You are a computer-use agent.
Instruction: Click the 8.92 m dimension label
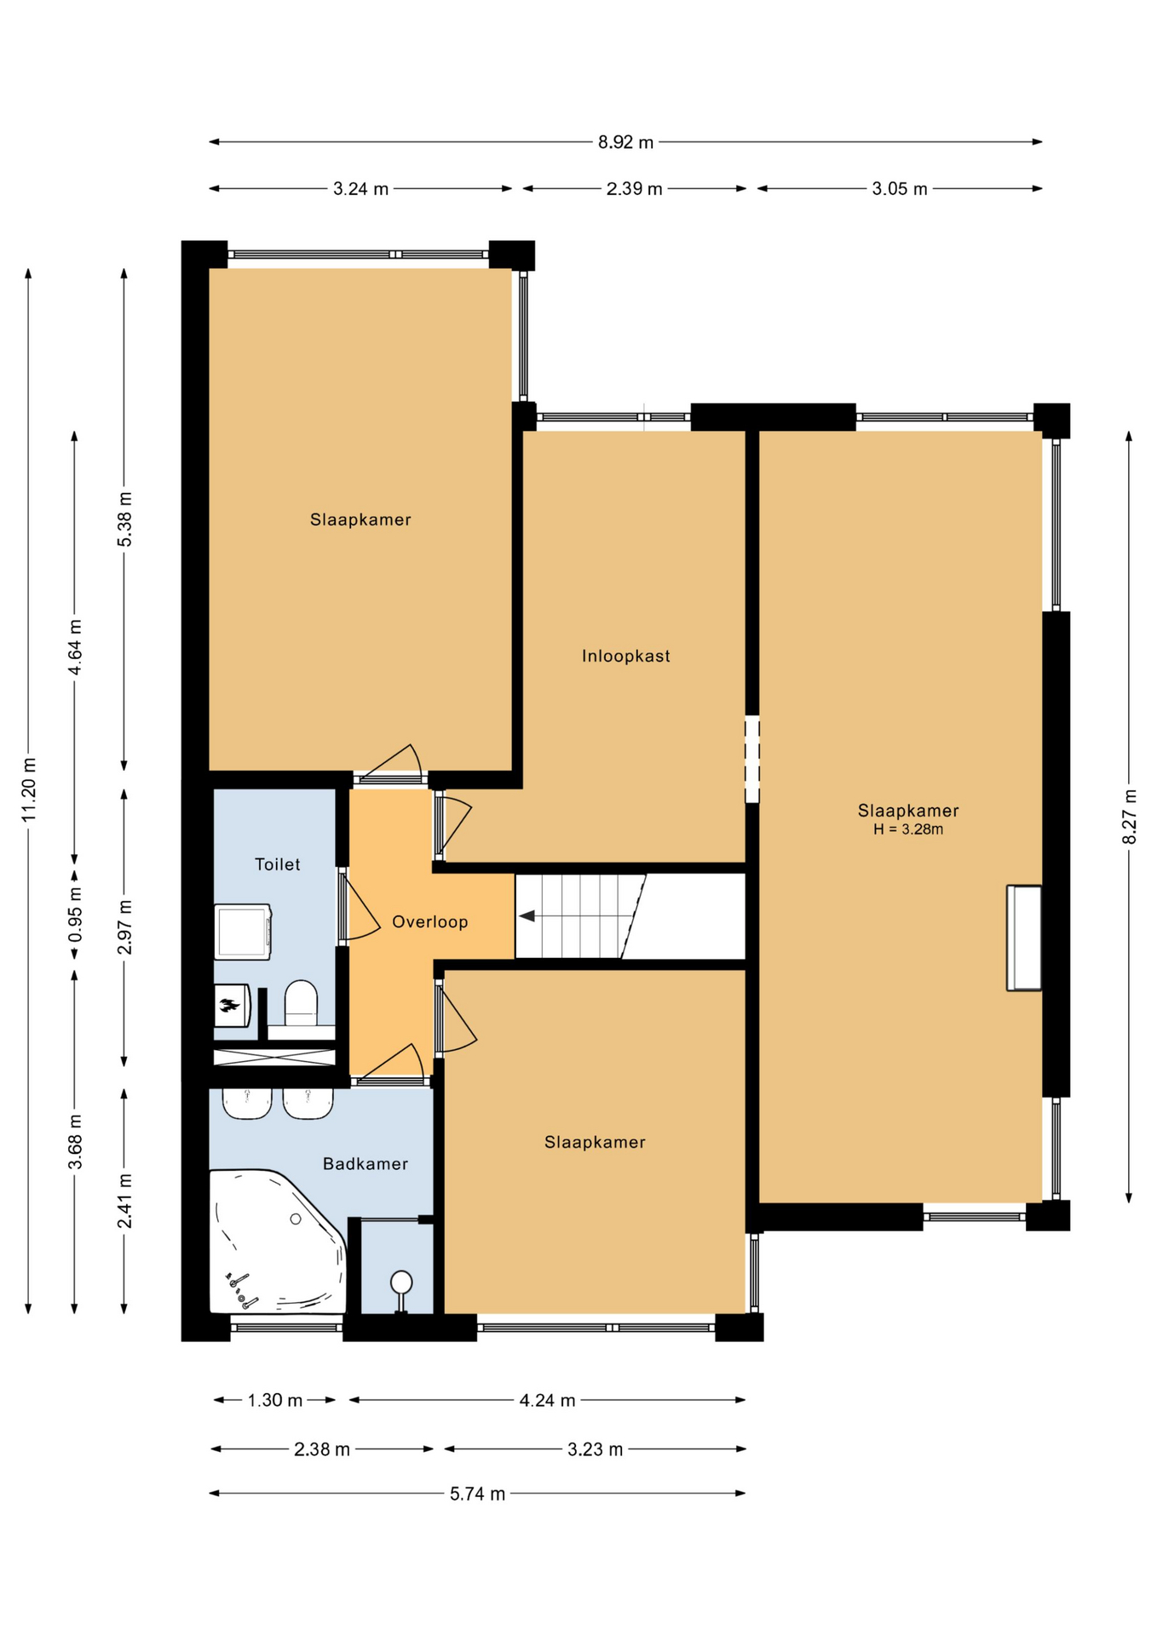625,142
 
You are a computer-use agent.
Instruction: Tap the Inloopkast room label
626,656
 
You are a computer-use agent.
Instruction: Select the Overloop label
430,921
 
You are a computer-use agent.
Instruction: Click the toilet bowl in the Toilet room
301,1002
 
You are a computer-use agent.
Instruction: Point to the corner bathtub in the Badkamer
278,1242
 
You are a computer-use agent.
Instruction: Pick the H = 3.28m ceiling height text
908,829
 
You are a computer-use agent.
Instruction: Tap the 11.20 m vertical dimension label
29,789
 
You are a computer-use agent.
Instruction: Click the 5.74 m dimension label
478,1494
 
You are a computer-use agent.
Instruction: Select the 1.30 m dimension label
275,1400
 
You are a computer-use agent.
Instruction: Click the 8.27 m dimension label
1130,817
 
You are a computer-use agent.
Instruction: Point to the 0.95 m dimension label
75,915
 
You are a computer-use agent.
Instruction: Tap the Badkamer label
366,1164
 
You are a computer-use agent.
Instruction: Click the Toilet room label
278,864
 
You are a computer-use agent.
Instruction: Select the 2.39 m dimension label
635,189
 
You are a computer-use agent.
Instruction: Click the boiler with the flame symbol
231,1006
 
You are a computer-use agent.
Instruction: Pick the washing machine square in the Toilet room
243,932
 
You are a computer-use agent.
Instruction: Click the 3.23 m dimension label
596,1449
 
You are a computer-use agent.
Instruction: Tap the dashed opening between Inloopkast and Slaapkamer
752,760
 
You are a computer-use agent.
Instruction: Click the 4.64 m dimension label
75,647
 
